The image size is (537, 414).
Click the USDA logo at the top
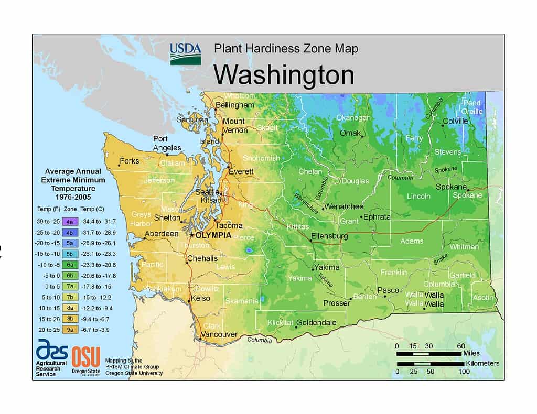[x=185, y=54]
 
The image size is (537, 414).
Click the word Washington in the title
[x=283, y=75]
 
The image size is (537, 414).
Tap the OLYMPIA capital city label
[x=213, y=235]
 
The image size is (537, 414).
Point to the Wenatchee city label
[x=343, y=206]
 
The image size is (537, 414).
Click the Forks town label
[x=129, y=161]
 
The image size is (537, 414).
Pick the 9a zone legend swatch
[x=70, y=330]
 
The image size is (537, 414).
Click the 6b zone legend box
[x=70, y=275]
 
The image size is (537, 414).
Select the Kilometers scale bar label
[x=482, y=363]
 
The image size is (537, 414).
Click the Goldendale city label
[x=316, y=323]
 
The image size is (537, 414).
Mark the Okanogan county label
[x=353, y=117]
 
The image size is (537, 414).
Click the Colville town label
[x=455, y=121]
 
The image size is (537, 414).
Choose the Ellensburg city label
[x=329, y=236]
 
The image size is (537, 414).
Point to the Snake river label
[x=441, y=259]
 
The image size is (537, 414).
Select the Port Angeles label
[x=167, y=143]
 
